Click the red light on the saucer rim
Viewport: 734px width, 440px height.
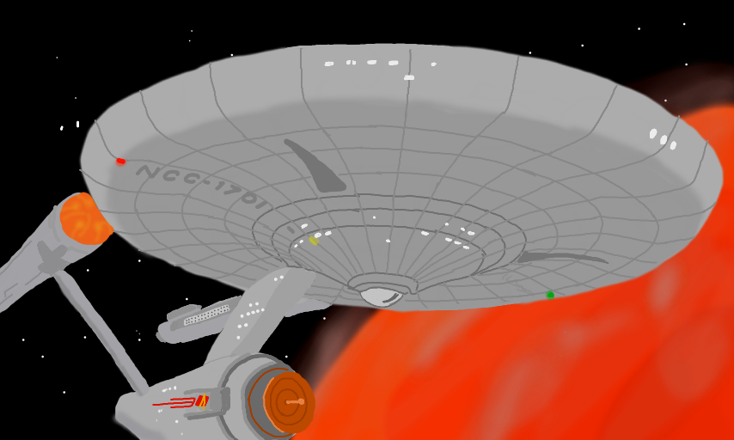(x=121, y=161)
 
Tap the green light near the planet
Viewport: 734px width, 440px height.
(x=550, y=295)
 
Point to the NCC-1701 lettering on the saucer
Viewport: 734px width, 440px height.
(x=202, y=186)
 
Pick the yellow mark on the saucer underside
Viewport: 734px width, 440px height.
(x=314, y=241)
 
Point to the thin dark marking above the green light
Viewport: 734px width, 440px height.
(x=563, y=257)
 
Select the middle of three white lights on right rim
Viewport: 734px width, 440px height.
(x=664, y=139)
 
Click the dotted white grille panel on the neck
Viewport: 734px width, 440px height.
(x=205, y=315)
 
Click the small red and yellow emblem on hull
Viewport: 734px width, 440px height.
(x=202, y=400)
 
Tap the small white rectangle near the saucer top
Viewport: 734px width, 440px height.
(x=409, y=77)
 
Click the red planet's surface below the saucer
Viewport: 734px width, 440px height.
(x=516, y=370)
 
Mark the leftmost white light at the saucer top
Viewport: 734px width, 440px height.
(x=329, y=64)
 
